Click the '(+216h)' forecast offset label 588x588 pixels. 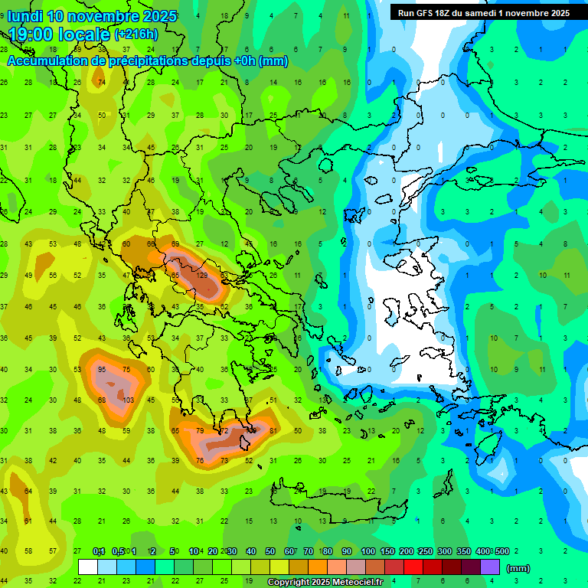pos(136,34)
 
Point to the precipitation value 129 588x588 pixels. pos(202,275)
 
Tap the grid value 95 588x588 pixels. pos(102,369)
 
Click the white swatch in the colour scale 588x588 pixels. pos(88,567)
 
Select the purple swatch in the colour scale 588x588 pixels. pos(490,567)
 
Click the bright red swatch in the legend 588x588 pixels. pos(413,567)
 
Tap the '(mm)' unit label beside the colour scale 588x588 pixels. pos(518,568)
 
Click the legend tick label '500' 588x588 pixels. pos(501,552)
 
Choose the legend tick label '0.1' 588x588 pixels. pos(99,552)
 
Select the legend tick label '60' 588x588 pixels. pos(289,552)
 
